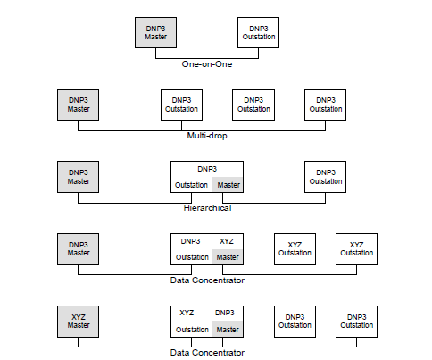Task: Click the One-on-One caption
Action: coord(207,64)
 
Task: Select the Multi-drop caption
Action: coord(207,136)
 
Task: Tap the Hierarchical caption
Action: coord(207,208)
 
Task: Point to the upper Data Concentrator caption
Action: coord(207,280)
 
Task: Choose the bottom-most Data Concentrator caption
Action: coord(207,353)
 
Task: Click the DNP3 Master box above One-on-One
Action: coord(155,32)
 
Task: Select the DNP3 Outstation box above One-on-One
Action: coord(258,32)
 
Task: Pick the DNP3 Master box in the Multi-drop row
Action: coord(78,105)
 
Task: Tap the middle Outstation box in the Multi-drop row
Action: coord(253,105)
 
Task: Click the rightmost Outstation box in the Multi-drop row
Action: coord(325,105)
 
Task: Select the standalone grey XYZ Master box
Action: coord(78,322)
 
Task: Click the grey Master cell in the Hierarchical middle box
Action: coord(227,185)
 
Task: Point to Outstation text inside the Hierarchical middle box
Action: coord(191,185)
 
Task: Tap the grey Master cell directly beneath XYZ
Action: coord(227,257)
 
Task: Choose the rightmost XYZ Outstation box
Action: coord(356,249)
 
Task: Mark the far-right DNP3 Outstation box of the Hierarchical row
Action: coord(325,177)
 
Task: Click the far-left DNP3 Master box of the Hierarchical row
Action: coord(78,177)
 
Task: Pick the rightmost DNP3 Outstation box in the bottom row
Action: coord(356,322)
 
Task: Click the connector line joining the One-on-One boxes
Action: coord(207,58)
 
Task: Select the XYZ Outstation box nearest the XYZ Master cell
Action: coord(295,249)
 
